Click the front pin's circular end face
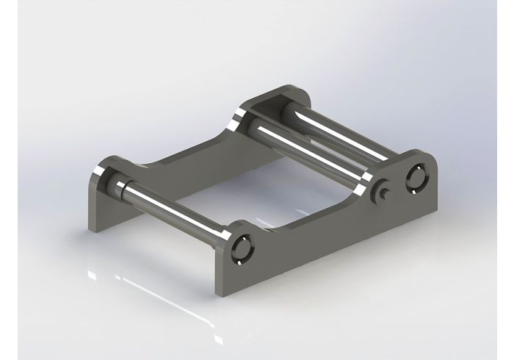(241, 249)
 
